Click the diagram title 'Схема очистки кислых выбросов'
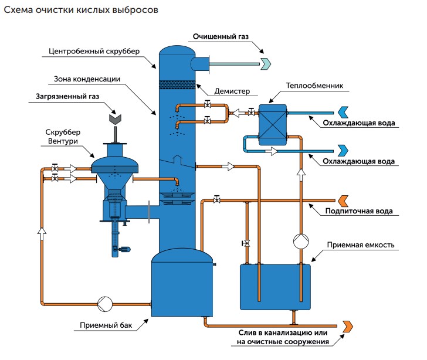pyautogui.click(x=80, y=11)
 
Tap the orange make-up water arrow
pyautogui.click(x=343, y=200)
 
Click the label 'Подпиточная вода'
pyautogui.click(x=359, y=211)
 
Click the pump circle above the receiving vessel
pyautogui.click(x=301, y=241)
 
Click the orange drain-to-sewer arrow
pyautogui.click(x=347, y=325)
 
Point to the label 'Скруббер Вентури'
pyautogui.click(x=61, y=136)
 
